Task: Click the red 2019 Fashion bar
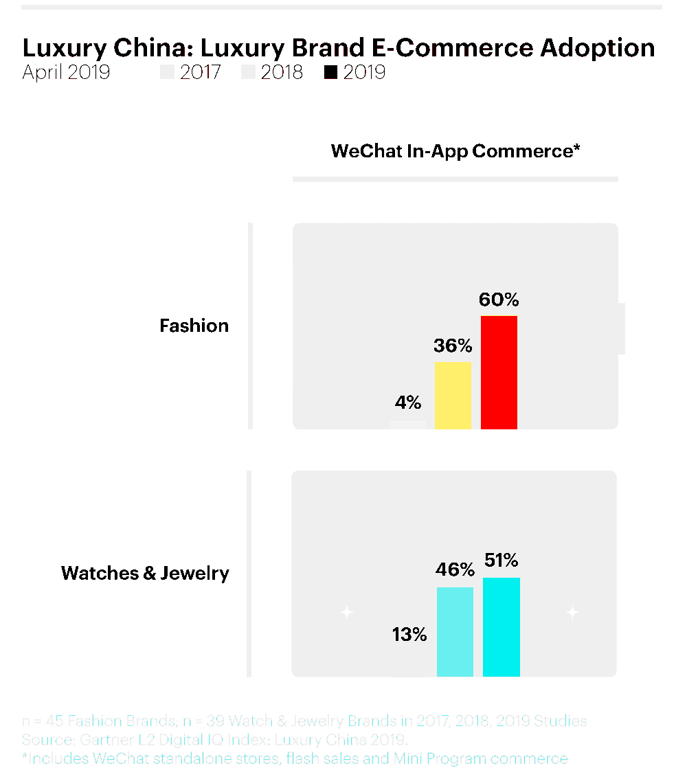(x=499, y=372)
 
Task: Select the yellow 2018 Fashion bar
(x=453, y=395)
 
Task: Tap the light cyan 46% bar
(x=455, y=631)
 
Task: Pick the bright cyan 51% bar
(x=502, y=626)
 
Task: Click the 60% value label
(x=499, y=300)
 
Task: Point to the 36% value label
(x=453, y=346)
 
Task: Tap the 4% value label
(x=408, y=402)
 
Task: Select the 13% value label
(x=410, y=635)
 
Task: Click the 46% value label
(x=455, y=570)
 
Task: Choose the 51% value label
(x=501, y=561)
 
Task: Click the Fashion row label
(x=194, y=326)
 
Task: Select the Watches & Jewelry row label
(x=145, y=574)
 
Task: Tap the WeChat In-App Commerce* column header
(x=455, y=151)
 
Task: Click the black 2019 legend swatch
(x=331, y=72)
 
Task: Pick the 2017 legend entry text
(x=201, y=72)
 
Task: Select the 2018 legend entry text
(x=282, y=72)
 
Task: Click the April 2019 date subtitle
(x=66, y=72)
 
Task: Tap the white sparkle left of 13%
(x=347, y=612)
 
